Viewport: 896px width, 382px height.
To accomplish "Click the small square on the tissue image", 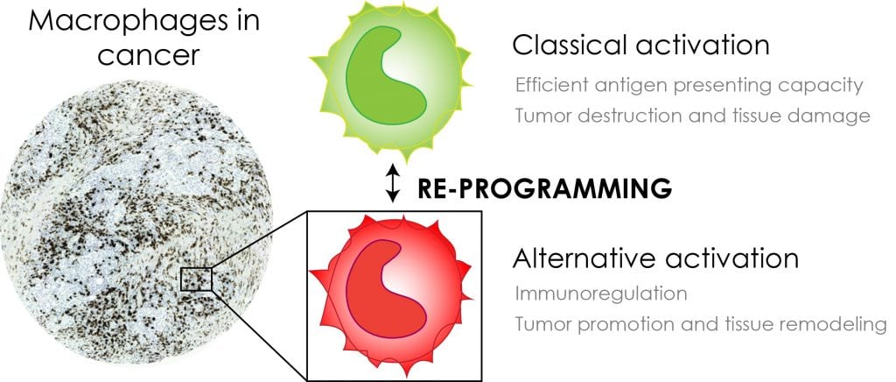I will coord(196,279).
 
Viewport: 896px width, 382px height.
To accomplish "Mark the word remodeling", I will coord(836,324).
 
